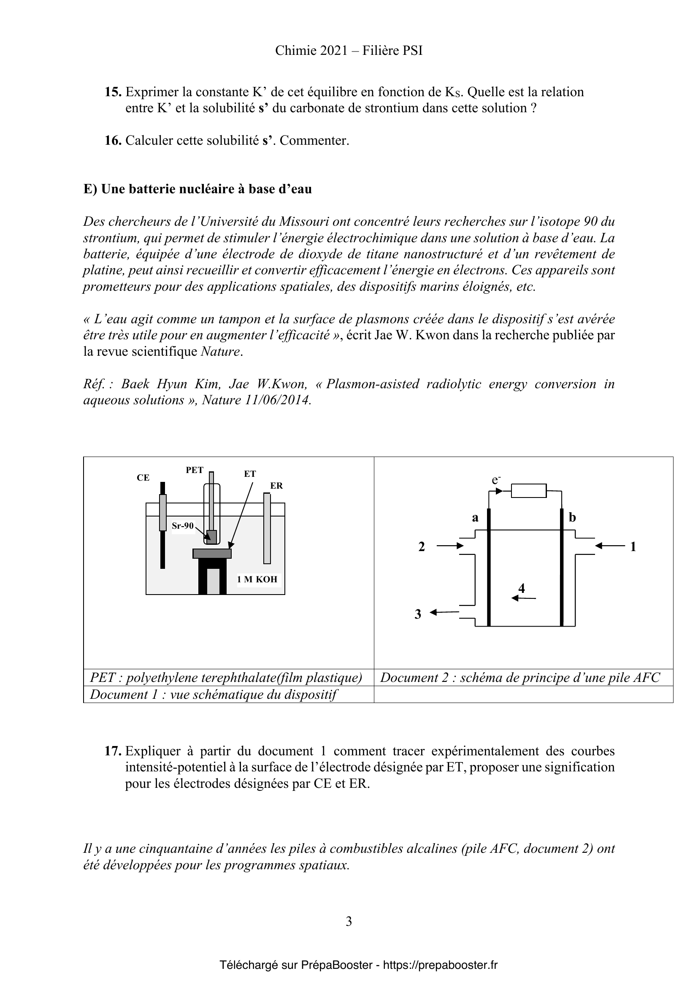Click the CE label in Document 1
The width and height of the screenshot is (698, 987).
point(143,478)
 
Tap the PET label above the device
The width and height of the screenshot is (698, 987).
point(194,470)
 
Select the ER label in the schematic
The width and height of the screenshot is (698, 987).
point(276,486)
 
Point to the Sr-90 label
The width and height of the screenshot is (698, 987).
point(183,526)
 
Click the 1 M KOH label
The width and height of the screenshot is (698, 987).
point(257,579)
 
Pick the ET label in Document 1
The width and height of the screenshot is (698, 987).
point(250,474)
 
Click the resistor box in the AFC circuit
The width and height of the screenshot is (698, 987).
point(529,490)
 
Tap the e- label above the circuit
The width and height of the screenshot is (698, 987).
point(496,480)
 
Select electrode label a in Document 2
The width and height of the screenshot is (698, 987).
point(475,518)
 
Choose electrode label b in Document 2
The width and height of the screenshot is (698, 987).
point(572,517)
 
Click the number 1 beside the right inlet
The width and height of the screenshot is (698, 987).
point(633,547)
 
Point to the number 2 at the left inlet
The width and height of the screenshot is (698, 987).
point(422,547)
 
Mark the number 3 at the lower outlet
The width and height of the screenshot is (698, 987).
point(418,614)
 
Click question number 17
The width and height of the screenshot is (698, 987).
point(113,751)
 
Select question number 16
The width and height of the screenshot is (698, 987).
point(113,141)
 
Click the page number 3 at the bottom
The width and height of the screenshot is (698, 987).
point(349,921)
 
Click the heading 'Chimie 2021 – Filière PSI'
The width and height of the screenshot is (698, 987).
point(349,51)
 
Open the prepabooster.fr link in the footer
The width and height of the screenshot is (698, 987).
point(440,965)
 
